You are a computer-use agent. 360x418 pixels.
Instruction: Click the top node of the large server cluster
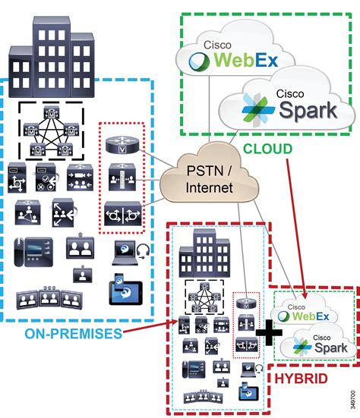[x=53, y=112]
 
